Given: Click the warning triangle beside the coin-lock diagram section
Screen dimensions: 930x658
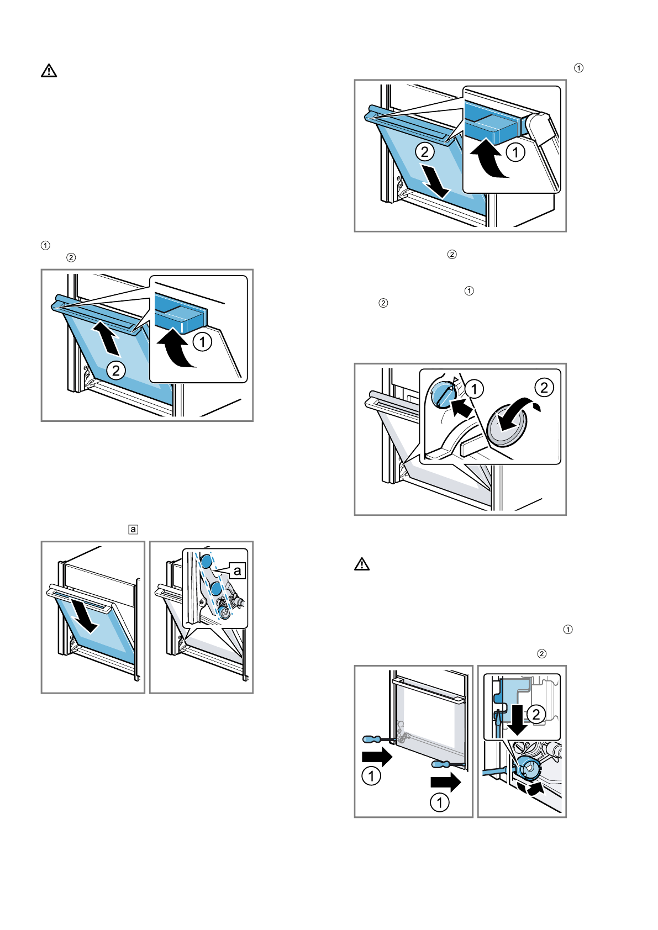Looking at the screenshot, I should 362,564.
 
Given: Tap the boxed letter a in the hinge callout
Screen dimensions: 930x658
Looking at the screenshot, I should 238,570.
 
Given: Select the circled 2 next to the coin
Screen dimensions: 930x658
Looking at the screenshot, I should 544,388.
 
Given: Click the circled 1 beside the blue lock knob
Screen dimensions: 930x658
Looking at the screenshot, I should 474,389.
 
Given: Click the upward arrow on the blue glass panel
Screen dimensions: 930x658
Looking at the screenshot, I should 106,339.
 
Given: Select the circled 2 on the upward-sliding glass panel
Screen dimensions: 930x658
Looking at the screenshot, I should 115,370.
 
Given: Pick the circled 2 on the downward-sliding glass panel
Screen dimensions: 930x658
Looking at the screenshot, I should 425,152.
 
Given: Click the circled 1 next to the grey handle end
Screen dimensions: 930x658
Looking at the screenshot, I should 515,152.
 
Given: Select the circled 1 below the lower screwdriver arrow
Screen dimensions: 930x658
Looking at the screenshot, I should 440,802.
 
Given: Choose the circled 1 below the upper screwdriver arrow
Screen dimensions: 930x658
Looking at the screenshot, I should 371,776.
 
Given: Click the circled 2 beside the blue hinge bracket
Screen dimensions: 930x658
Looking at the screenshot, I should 535,714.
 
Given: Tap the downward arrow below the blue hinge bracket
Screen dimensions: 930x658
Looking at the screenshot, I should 517,720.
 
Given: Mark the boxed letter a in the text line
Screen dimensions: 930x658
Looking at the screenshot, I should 133,529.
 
